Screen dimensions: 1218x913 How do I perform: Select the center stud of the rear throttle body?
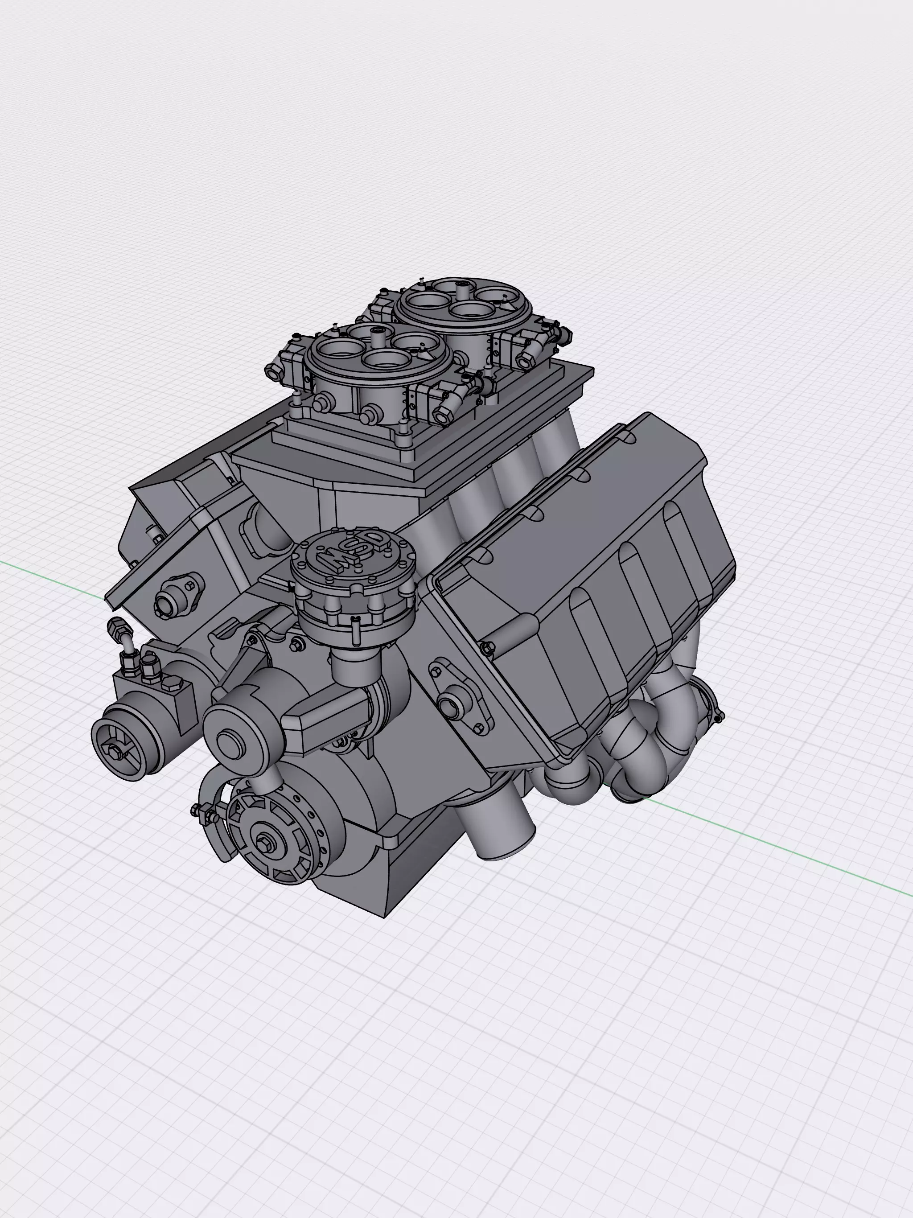461,288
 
